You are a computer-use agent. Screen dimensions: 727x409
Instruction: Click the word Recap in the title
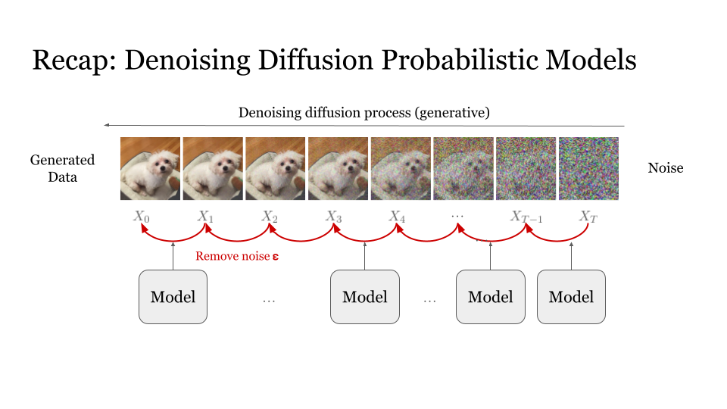coord(73,61)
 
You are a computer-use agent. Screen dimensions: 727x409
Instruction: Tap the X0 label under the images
coord(142,216)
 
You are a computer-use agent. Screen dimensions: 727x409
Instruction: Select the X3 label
coord(334,216)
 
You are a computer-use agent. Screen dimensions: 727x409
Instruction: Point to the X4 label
coord(398,216)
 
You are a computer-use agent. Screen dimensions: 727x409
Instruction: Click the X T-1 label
coord(526,216)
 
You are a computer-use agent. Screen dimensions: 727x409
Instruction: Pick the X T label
coord(588,216)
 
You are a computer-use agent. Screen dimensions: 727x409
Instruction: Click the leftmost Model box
coord(173,297)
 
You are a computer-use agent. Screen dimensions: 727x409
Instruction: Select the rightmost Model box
coord(571,297)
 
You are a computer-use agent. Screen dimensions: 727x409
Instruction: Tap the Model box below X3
coord(365,297)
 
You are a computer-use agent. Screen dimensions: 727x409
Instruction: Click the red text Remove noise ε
coord(237,256)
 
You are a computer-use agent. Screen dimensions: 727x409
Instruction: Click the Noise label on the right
coord(666,168)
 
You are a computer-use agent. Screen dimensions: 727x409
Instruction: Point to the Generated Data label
coord(63,168)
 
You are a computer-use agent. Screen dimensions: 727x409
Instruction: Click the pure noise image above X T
coord(588,168)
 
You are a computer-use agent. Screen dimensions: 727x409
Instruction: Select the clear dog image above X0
coord(150,168)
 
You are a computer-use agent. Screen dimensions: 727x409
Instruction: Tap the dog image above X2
coord(276,168)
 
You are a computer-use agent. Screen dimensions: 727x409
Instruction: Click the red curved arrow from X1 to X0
coord(173,241)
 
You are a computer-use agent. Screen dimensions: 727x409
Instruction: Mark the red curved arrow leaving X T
coord(557,241)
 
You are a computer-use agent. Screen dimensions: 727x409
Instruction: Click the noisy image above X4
coord(401,168)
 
